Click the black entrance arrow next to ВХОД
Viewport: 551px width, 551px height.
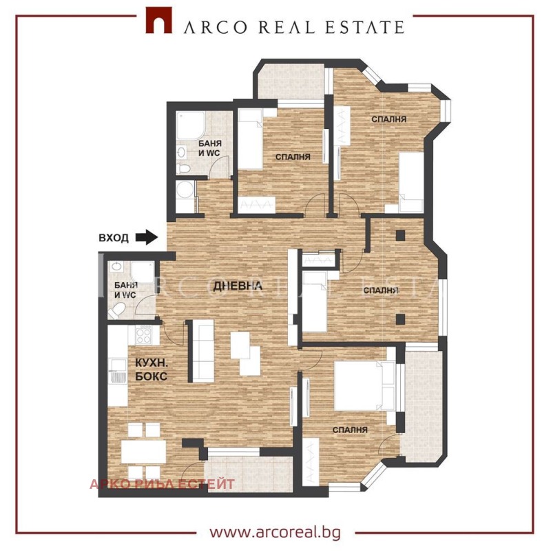[x=147, y=237]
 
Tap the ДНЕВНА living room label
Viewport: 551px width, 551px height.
[x=238, y=285]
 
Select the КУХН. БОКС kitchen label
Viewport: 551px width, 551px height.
[x=151, y=370]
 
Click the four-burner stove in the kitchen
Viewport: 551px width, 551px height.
[x=144, y=334]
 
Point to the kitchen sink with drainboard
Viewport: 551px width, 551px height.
[x=118, y=370]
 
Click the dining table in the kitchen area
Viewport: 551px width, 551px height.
[x=143, y=452]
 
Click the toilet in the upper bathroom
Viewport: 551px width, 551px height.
[x=183, y=168]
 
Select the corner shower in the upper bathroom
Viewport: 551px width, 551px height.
[x=190, y=125]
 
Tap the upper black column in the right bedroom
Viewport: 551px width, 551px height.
[x=400, y=235]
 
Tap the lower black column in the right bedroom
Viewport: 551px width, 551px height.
[x=400, y=319]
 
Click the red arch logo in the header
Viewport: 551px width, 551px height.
[x=159, y=21]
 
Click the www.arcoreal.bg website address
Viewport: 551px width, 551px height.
[x=275, y=532]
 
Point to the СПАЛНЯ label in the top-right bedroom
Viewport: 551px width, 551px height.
[x=389, y=119]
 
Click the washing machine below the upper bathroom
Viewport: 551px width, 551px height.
[x=185, y=190]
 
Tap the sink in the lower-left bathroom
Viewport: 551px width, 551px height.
[x=116, y=267]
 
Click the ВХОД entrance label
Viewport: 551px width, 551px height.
[x=114, y=238]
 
